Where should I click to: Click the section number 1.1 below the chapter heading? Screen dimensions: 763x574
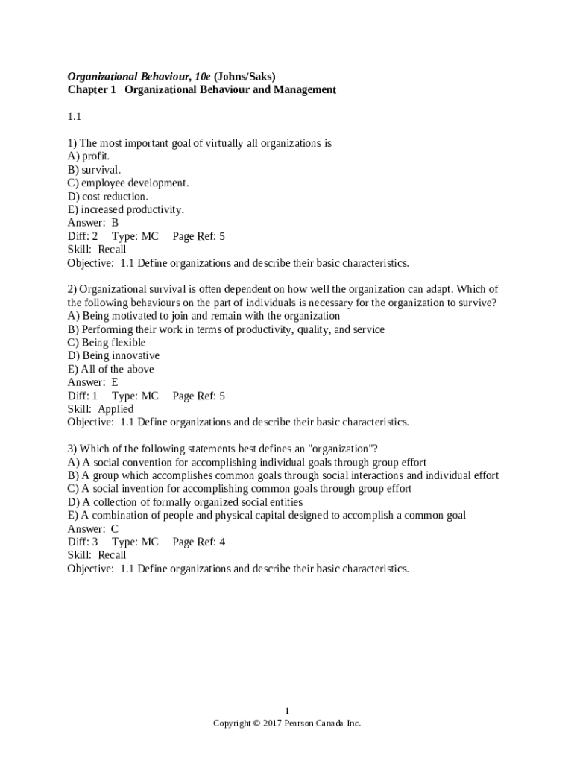74,116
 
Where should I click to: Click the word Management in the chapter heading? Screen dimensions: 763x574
301,90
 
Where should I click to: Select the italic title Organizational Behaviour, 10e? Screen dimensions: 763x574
139,77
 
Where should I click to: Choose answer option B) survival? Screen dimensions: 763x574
94,170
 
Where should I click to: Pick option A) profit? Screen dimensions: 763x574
89,156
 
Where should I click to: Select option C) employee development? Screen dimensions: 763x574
128,183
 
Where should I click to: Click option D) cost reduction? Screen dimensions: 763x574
108,197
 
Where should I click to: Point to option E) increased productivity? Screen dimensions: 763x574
125,210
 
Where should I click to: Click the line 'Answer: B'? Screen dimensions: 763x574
93,223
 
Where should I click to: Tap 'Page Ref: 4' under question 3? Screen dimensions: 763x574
198,542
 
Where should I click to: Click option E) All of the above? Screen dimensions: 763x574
111,370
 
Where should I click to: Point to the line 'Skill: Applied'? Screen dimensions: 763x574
101,409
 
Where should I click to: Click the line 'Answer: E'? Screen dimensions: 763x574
93,383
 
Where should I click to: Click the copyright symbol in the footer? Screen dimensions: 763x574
256,724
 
